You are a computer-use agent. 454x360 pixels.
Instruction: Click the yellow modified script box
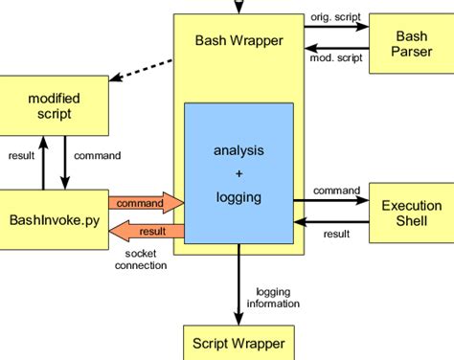(x=55, y=106)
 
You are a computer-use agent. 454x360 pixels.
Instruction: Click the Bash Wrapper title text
(x=238, y=41)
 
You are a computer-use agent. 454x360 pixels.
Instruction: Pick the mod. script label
(x=335, y=58)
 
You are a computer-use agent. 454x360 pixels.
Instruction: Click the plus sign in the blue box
(x=238, y=173)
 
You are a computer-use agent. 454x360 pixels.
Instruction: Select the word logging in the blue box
(x=238, y=197)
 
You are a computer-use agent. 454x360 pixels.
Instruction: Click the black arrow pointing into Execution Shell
(x=335, y=201)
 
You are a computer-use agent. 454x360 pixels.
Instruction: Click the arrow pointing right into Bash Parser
(x=335, y=28)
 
